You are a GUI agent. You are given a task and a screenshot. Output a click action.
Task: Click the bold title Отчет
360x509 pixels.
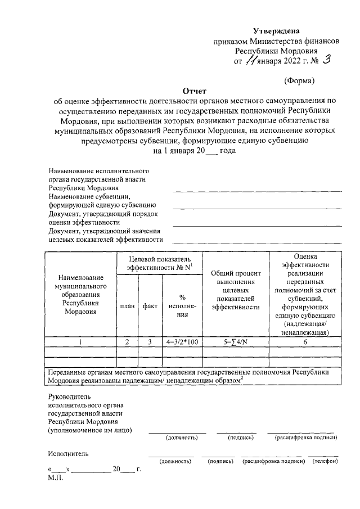pyautogui.click(x=194, y=91)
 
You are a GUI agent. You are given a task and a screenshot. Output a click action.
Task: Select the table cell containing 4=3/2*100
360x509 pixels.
pyautogui.click(x=182, y=341)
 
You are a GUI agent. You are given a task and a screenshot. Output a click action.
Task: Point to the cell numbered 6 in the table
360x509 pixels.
pyautogui.click(x=305, y=341)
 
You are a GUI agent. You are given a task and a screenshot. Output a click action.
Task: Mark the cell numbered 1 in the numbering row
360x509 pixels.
pyautogui.click(x=80, y=341)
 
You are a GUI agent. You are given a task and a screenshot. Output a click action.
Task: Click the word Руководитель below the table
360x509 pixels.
pyautogui.click(x=70, y=395)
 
